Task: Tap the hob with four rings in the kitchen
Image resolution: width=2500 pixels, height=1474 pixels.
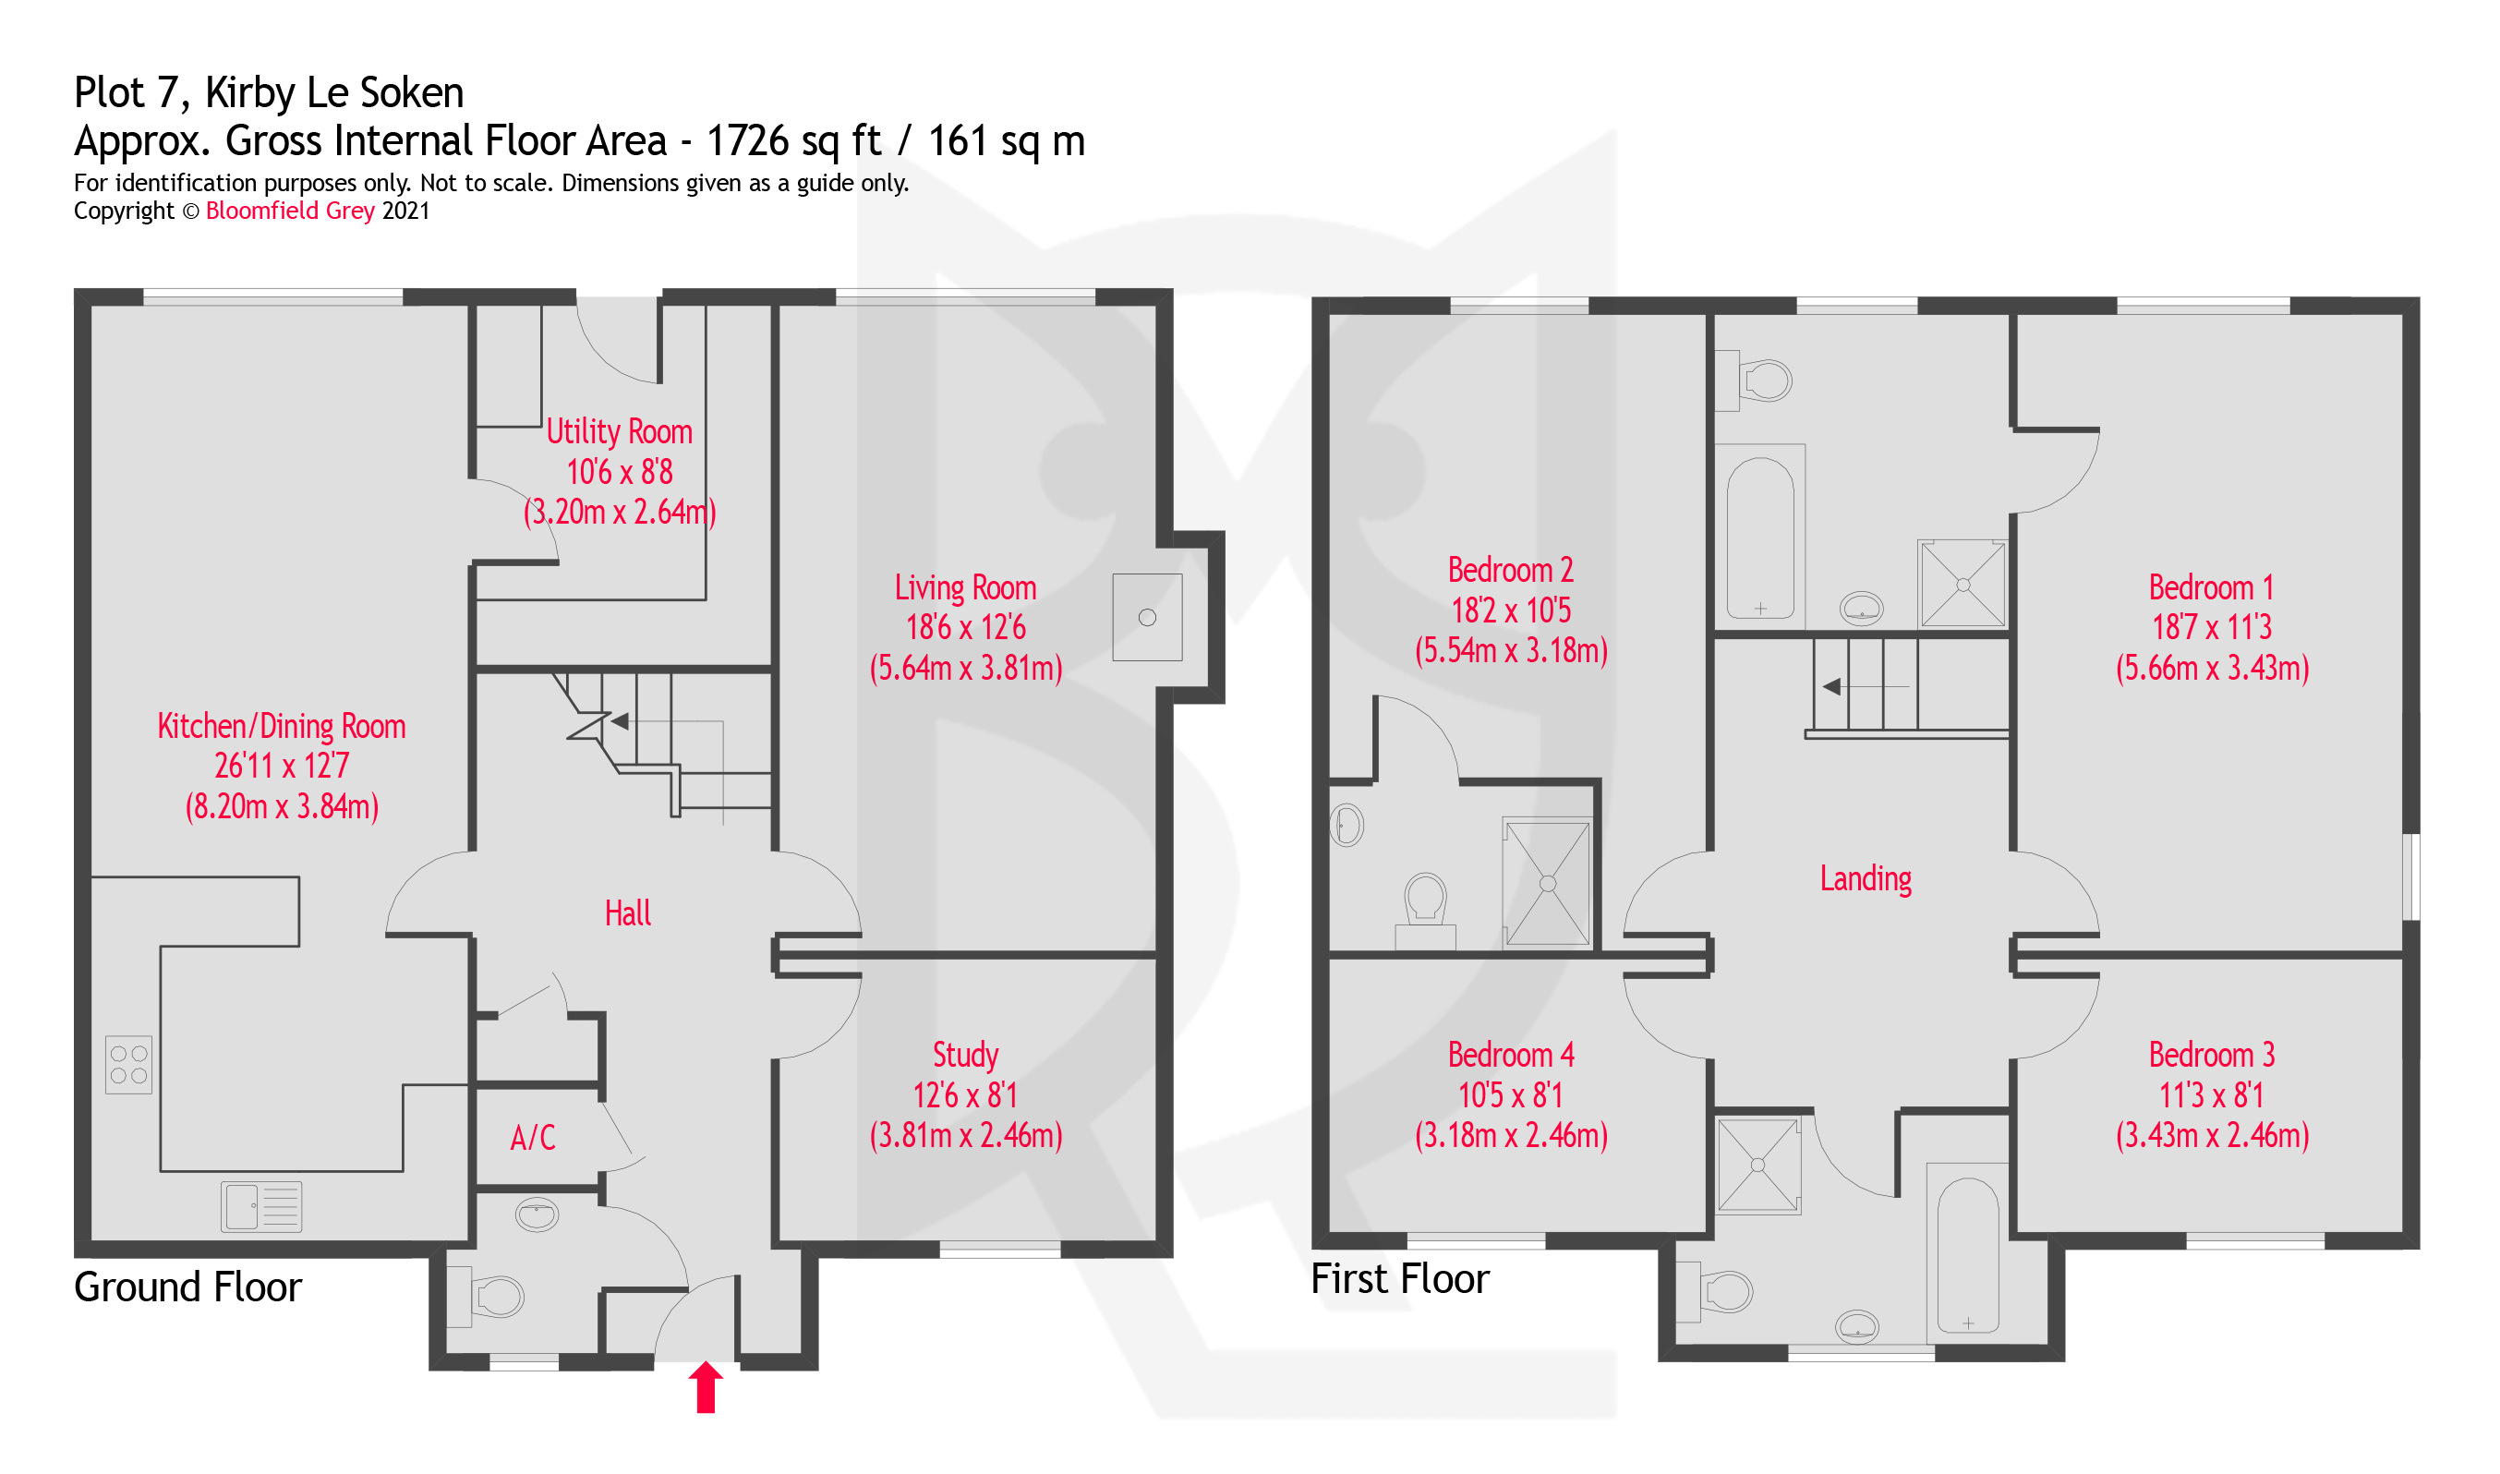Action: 129,1065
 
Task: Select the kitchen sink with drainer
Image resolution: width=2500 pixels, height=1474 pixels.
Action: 261,1207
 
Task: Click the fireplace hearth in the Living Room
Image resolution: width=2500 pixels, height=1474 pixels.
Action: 1147,618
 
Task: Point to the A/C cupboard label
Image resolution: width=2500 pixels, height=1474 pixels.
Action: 532,1137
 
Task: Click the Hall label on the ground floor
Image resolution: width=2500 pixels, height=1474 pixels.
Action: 628,913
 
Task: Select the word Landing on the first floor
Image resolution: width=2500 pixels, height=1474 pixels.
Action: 1866,879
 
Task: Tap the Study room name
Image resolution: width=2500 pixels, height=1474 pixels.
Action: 965,1055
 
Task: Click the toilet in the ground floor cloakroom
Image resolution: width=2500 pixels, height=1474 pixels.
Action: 495,1296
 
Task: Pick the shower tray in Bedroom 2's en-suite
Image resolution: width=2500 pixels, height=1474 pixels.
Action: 1548,883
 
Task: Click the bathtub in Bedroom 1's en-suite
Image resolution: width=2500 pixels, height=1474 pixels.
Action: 1760,538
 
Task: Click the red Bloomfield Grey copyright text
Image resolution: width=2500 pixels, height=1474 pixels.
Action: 290,211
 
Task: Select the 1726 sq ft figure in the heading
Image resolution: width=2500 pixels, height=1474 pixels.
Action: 792,141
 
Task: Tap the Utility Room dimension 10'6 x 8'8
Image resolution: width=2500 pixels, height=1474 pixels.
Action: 620,472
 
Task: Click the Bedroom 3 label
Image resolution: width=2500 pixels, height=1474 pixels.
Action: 2211,1055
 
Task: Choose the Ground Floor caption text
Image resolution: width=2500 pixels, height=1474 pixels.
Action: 187,1287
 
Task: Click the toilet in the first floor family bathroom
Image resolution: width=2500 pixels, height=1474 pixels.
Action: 1724,1292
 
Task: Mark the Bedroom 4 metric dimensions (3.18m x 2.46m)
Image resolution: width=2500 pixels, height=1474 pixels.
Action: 1511,1135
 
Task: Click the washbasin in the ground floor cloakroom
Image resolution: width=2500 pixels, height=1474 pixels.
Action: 537,1214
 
